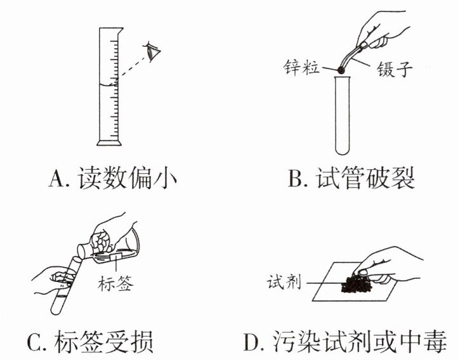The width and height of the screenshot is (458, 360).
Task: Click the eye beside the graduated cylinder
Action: (154, 51)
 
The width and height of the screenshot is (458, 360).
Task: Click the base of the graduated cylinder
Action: (108, 141)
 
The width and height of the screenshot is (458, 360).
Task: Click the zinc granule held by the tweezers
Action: (339, 72)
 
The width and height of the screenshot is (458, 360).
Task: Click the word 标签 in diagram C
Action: (116, 283)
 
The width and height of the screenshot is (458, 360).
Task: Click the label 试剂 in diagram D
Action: (283, 279)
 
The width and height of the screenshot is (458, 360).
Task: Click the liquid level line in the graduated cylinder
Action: (108, 84)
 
